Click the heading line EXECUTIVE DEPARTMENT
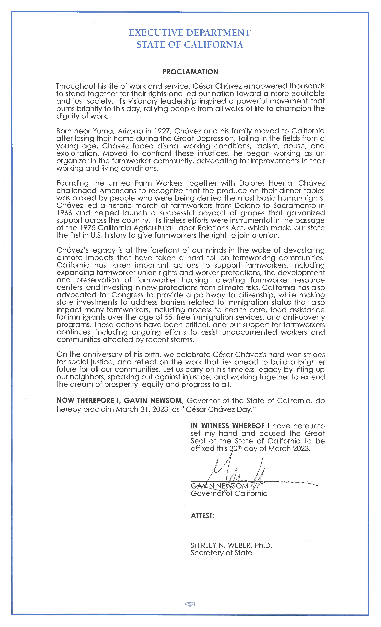(190, 33)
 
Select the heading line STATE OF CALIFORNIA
(190, 45)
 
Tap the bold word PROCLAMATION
(190, 72)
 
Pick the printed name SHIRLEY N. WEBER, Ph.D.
(232, 545)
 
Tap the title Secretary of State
(221, 553)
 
